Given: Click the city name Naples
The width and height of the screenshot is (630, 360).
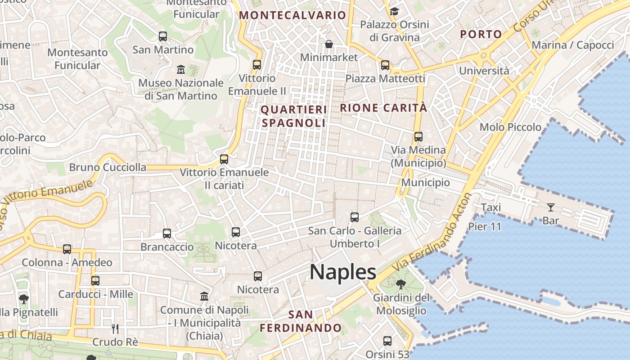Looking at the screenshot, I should point(343,272).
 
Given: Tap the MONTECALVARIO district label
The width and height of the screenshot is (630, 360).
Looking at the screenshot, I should point(292,15).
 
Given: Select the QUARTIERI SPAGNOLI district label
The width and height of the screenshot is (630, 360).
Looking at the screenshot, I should point(293,116).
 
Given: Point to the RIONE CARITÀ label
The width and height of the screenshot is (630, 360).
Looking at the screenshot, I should point(383,108).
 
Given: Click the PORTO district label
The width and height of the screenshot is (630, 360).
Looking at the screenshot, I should point(481,34).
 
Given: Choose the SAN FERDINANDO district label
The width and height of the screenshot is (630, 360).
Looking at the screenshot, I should point(301,321).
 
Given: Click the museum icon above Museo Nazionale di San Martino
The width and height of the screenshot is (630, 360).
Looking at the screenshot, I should point(181,70).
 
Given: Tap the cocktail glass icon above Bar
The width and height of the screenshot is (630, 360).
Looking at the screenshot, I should point(550,207).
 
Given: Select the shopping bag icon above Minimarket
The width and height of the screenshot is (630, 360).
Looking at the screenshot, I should point(329,44).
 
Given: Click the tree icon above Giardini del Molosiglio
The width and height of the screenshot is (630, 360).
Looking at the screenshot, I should point(400,284).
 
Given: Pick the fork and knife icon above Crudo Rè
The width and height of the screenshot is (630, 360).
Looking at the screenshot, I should point(115,329).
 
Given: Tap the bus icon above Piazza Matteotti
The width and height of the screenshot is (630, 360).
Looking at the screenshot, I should point(385,65).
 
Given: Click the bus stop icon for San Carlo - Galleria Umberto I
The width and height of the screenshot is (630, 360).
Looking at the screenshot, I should point(355,217).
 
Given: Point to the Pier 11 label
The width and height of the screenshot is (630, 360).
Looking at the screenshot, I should point(485,226).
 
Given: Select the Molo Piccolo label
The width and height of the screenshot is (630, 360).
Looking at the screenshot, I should point(510,127).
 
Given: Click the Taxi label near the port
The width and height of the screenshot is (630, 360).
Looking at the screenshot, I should point(490,207).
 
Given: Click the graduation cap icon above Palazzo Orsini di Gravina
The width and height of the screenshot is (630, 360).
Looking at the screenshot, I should point(394,11).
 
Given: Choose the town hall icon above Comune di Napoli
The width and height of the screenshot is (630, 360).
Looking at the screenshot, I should point(204,297).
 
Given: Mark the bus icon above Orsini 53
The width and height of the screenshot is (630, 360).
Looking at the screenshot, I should point(387,341).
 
